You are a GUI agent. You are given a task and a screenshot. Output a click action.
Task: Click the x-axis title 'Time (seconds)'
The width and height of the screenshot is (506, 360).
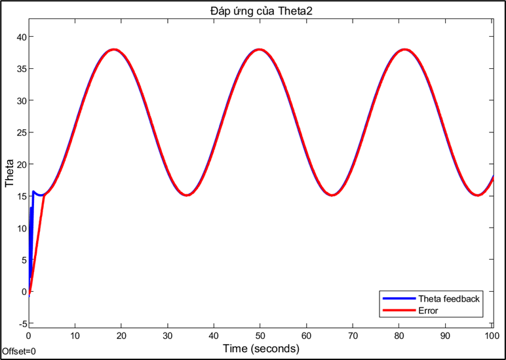(x=261, y=348)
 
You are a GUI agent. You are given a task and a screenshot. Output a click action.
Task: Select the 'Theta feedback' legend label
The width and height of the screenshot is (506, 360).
(x=449, y=299)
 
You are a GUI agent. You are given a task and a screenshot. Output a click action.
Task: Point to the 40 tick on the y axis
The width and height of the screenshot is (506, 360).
(x=20, y=37)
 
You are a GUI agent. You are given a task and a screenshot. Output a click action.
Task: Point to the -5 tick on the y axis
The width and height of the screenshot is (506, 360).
(x=20, y=324)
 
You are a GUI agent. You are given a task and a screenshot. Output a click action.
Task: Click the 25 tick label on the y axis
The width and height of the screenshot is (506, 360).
(x=20, y=132)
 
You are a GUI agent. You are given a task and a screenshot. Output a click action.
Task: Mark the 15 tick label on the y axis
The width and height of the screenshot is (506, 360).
(x=20, y=196)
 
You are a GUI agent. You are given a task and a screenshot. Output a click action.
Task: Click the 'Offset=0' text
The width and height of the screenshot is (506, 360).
(x=18, y=351)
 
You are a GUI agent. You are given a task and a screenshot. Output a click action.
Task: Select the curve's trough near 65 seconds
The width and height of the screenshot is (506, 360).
(x=333, y=195)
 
